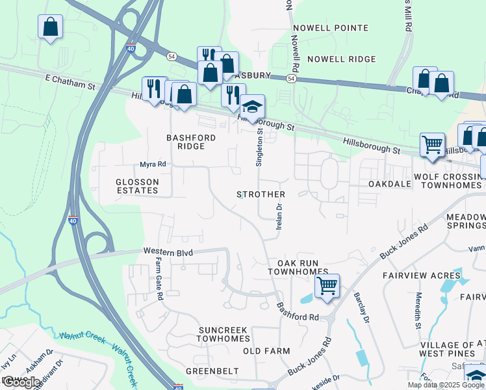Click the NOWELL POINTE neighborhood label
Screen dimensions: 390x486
tap(331, 28)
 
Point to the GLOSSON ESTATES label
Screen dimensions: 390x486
tap(137, 186)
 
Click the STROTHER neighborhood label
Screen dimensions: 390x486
tap(261, 194)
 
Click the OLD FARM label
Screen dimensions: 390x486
tap(266, 351)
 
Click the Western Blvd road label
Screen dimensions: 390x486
tap(164, 250)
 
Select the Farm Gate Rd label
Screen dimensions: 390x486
tap(159, 278)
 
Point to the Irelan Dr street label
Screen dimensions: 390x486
tap(279, 216)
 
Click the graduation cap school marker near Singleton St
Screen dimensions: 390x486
tap(252, 107)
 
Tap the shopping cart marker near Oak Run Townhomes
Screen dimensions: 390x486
tap(327, 286)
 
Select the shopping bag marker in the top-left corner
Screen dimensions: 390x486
tap(50, 28)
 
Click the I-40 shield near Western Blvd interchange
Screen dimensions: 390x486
tap(73, 221)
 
